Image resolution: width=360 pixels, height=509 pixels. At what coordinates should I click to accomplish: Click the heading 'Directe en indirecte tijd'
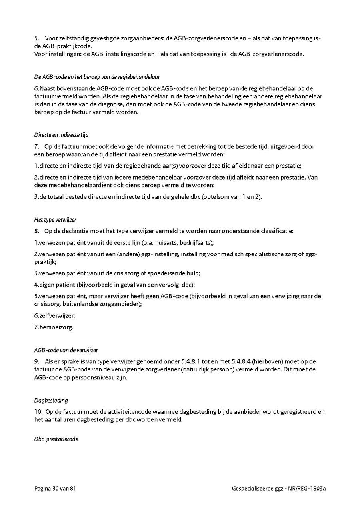61,135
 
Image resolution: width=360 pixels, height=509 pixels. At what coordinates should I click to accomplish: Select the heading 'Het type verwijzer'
55,220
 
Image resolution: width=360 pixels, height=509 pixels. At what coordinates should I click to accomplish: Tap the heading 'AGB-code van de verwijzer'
66,350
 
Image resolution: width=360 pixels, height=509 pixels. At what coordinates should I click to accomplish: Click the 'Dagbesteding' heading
51,400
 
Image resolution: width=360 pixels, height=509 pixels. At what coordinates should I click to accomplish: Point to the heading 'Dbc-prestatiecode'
56,439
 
